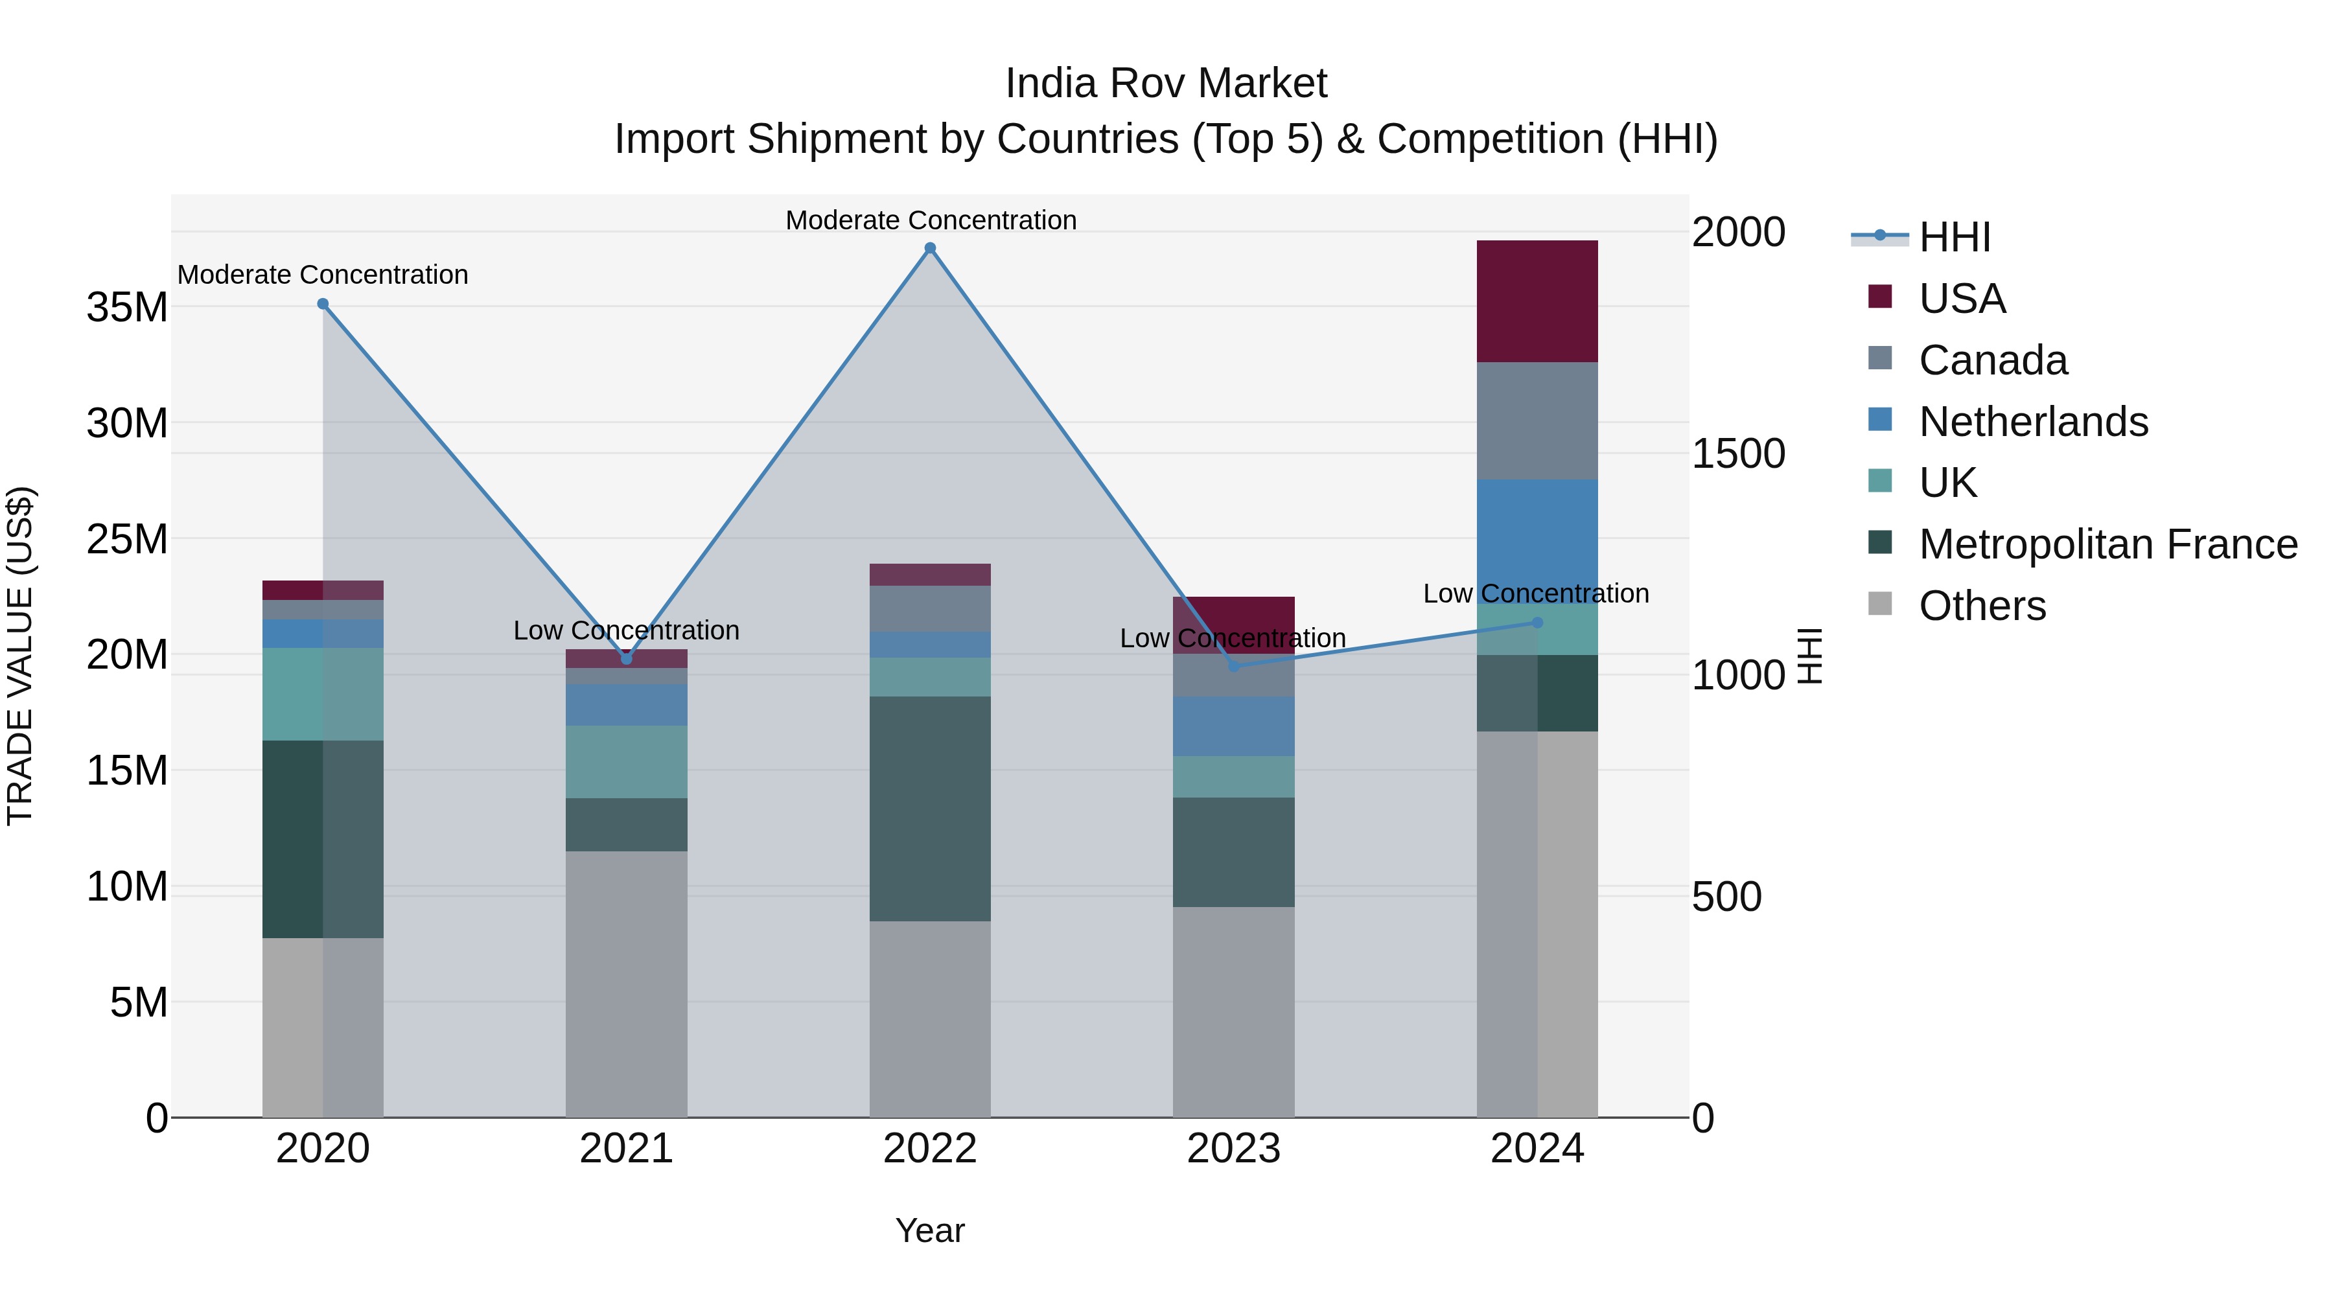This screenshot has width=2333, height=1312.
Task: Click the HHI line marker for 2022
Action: (930, 248)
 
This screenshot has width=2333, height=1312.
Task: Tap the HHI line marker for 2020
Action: (323, 305)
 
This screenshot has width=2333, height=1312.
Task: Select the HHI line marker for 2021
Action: (626, 659)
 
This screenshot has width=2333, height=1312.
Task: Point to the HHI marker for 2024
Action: (1537, 623)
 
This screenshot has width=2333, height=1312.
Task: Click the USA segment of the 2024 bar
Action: (1537, 301)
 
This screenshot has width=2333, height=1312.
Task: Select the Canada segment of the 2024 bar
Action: (1537, 421)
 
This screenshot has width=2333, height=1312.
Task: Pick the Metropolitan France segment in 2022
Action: (930, 809)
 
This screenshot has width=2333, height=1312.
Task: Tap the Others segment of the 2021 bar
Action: (626, 984)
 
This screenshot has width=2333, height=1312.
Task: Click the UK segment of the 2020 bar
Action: (323, 695)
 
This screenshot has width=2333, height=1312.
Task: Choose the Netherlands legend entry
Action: (2032, 422)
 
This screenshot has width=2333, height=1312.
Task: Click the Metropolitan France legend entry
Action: (2107, 544)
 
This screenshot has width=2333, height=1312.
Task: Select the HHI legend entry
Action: (1955, 237)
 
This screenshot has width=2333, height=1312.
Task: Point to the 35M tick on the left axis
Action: (127, 308)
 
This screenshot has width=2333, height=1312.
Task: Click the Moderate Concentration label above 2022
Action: (930, 220)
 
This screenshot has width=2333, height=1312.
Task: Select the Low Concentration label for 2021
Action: (626, 630)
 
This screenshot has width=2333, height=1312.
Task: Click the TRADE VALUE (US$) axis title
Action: (20, 656)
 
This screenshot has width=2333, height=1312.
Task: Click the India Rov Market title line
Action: (1166, 84)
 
